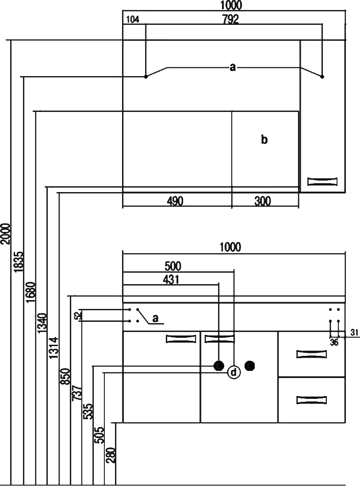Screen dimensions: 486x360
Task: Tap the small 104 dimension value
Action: click(x=133, y=19)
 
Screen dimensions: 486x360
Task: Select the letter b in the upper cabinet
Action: click(x=264, y=140)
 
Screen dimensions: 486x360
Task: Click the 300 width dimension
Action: click(x=263, y=201)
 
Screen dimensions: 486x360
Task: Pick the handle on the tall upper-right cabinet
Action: click(x=322, y=181)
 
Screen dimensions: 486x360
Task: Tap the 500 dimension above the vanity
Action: click(x=173, y=266)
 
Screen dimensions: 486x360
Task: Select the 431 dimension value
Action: click(x=172, y=279)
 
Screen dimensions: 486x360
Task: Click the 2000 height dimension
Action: click(x=5, y=233)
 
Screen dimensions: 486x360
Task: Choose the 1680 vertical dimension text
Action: click(x=31, y=292)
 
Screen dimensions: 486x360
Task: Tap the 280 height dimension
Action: click(x=111, y=455)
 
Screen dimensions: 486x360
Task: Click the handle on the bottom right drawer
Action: click(x=312, y=400)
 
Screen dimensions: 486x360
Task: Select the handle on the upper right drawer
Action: click(x=312, y=354)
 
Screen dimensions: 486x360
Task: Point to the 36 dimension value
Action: click(x=335, y=342)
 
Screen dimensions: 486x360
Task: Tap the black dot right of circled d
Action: click(x=251, y=366)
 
